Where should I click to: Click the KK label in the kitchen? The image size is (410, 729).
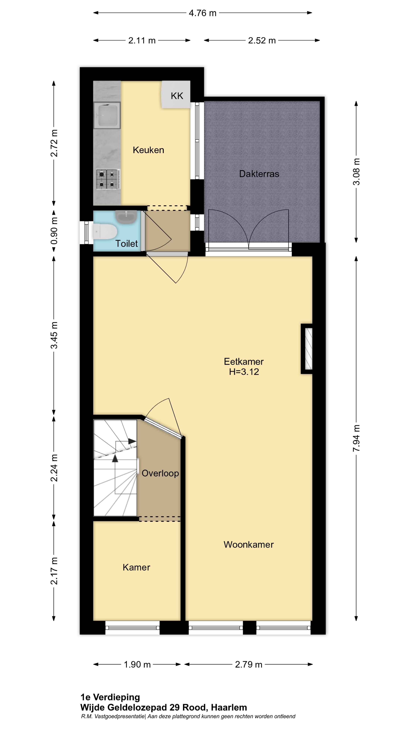coord(177,96)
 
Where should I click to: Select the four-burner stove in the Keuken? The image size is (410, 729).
coord(108,179)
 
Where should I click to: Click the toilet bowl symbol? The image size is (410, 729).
coord(105,231)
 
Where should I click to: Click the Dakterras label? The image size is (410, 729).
coord(259,174)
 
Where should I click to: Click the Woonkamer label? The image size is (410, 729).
coord(248,544)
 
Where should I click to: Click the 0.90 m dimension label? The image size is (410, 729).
coord(54,231)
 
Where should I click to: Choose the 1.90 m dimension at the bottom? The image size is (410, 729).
coord(137,664)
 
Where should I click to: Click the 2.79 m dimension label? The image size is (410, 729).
coord(248,664)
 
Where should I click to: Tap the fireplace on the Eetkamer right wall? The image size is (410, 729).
coord(307,349)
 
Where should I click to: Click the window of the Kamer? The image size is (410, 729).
coord(132,627)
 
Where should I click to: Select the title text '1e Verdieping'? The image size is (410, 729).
coord(110,697)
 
